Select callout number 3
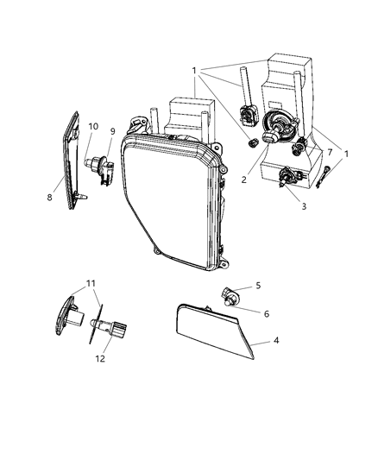point(302,207)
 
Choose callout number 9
point(111,133)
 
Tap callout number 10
point(93,127)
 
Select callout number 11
point(91,282)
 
